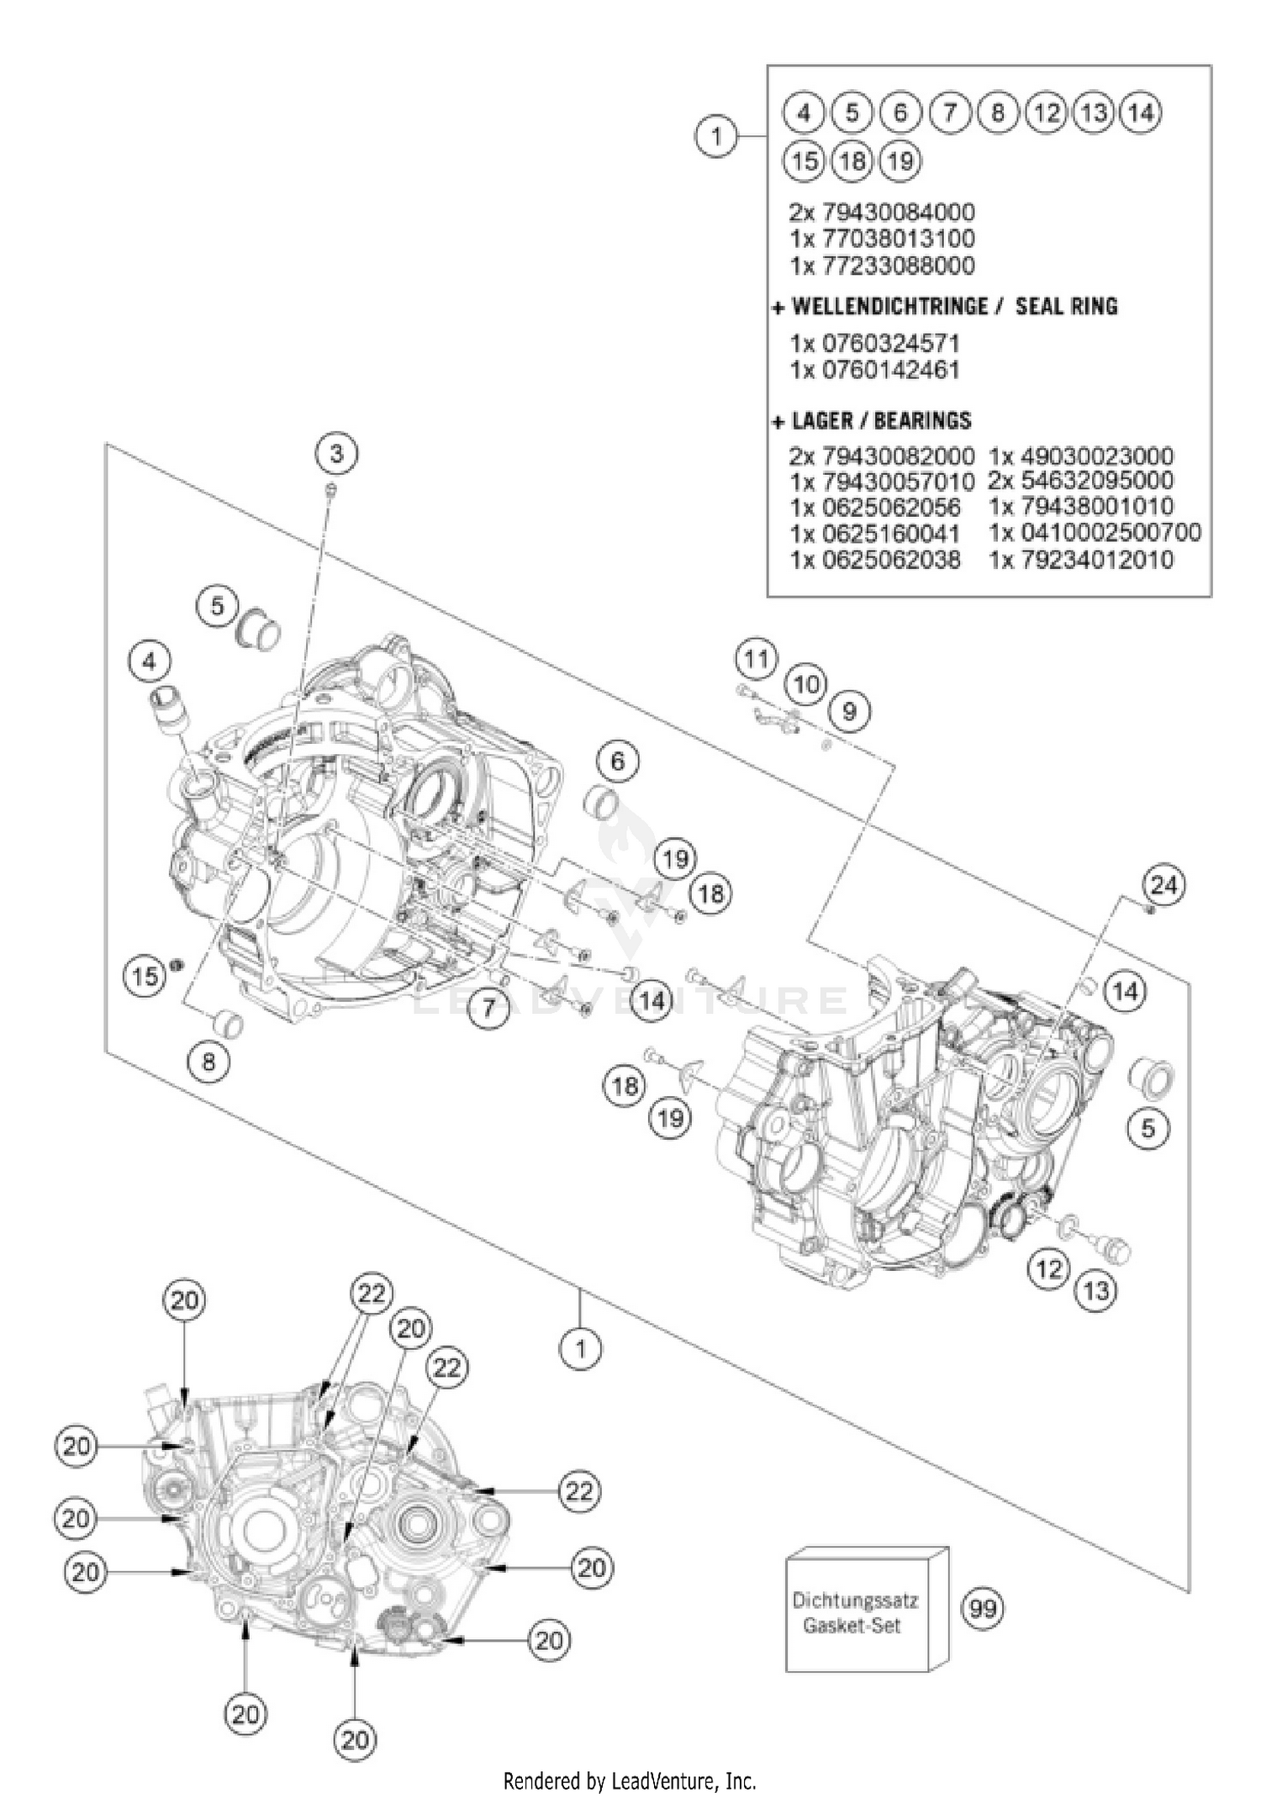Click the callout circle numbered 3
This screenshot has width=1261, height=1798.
point(336,454)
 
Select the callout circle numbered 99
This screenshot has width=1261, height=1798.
point(982,1608)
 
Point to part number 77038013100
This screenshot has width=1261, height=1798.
point(882,238)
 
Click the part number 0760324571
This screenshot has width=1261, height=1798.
point(874,343)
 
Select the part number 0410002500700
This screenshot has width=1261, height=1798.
point(1095,532)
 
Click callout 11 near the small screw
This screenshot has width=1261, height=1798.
point(756,658)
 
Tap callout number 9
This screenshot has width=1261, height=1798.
point(849,712)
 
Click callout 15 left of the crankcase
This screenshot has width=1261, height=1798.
point(145,976)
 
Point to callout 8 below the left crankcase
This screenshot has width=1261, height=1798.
point(208,1061)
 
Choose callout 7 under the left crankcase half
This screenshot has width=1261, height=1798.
point(488,1008)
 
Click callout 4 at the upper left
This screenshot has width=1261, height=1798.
point(149,662)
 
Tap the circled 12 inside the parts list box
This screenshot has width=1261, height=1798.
point(1046,112)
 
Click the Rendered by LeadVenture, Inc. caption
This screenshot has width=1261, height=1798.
point(630,1780)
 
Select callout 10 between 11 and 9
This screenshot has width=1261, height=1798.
point(806,684)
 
